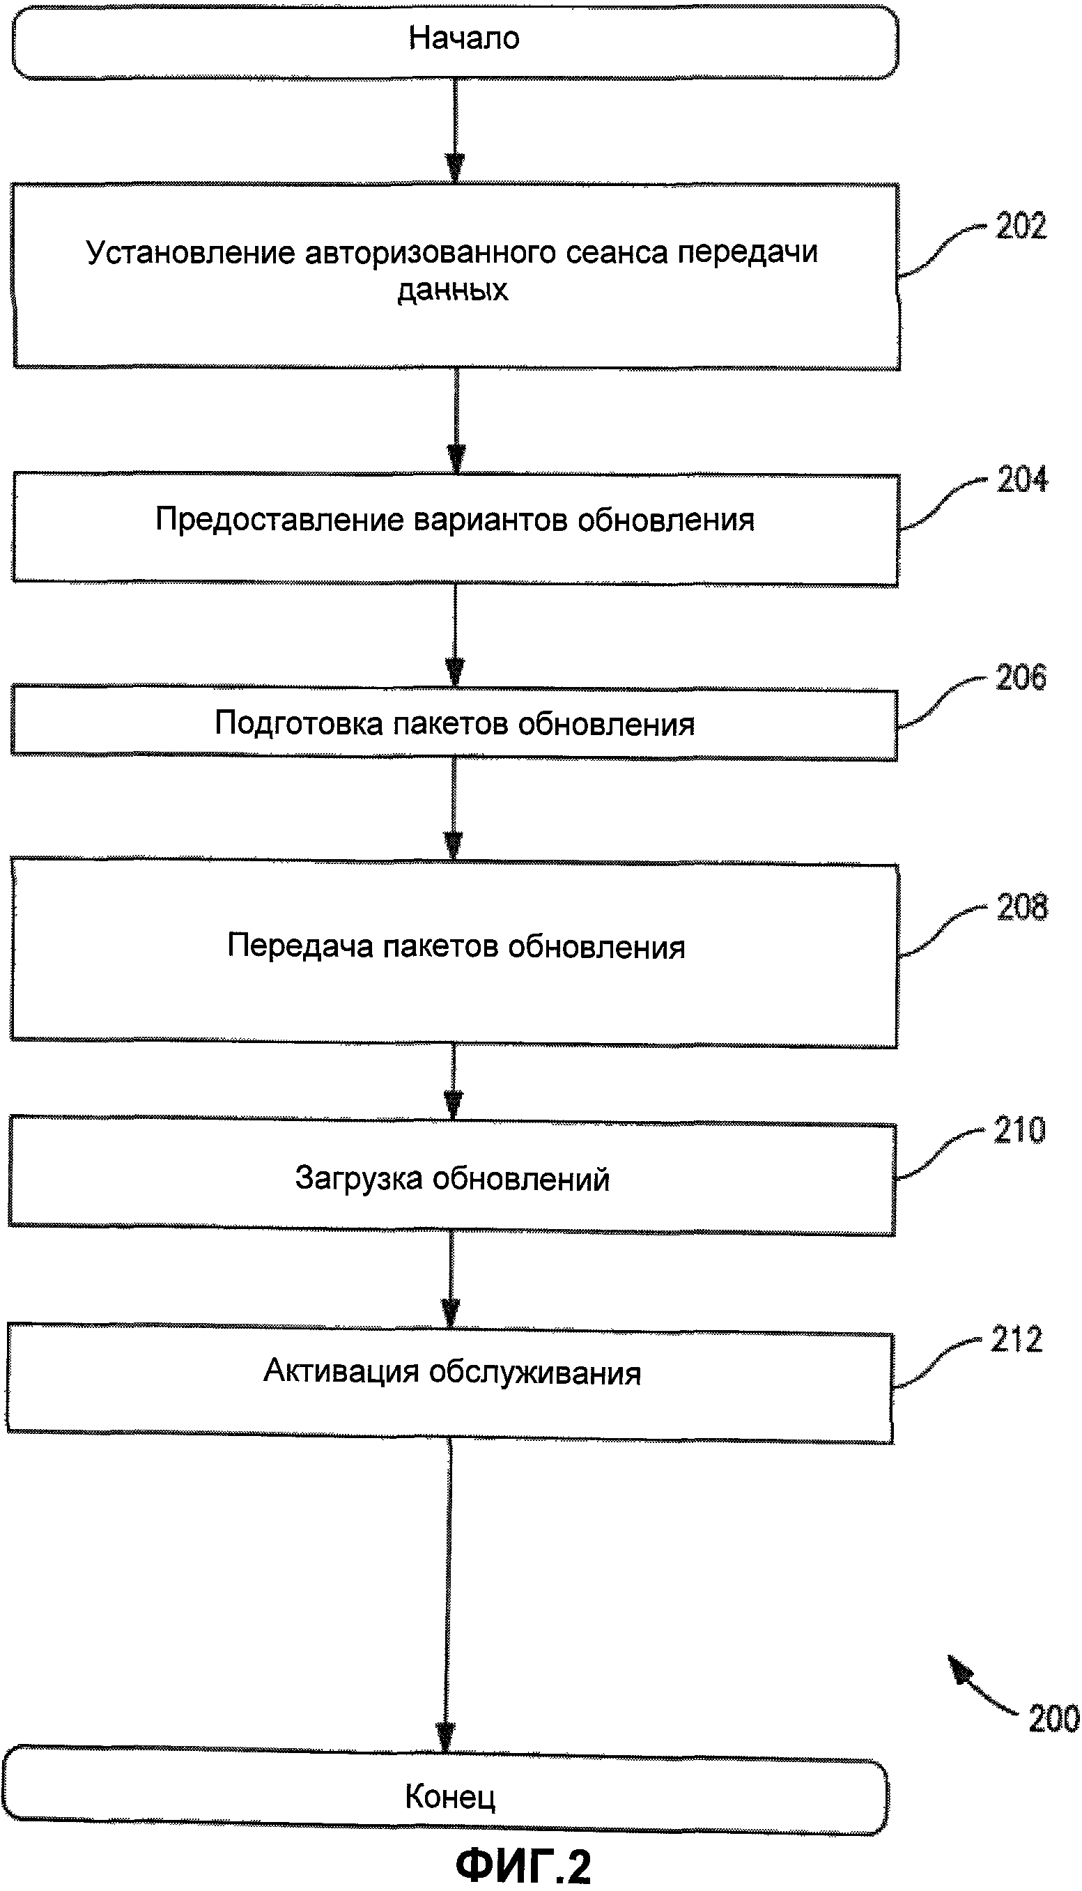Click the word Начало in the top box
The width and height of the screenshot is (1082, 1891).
(x=464, y=38)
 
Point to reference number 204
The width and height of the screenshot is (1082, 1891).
(x=1022, y=479)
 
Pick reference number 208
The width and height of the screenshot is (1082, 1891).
(x=1022, y=907)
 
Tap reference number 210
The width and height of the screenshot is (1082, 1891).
(x=1019, y=1130)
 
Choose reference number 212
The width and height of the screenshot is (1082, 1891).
(x=1017, y=1339)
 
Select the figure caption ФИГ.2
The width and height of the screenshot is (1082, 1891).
(x=523, y=1865)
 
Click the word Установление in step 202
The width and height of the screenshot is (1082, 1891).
(x=191, y=253)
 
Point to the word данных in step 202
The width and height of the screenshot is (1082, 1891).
(x=453, y=290)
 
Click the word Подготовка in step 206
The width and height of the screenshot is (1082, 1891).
(x=299, y=723)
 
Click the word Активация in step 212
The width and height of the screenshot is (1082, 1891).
(x=341, y=1371)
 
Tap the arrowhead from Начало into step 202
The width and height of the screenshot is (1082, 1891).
(x=455, y=168)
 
